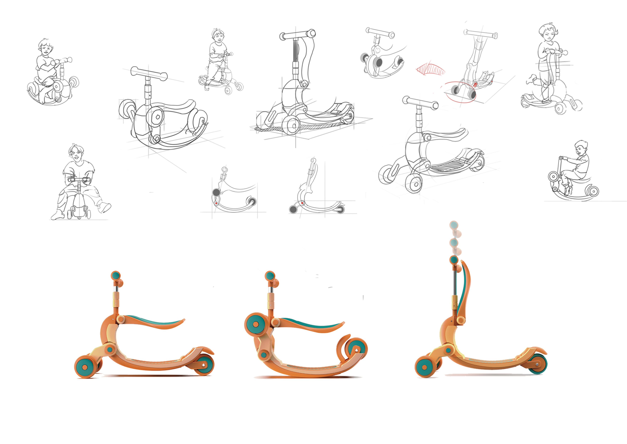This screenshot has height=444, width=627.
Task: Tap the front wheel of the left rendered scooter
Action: pos(85,367)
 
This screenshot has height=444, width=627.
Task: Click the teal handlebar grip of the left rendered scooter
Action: pos(116,275)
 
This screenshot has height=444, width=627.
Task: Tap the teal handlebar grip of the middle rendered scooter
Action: pos(270,275)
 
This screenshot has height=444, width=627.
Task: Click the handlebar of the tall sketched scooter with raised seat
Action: pos(298,35)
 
